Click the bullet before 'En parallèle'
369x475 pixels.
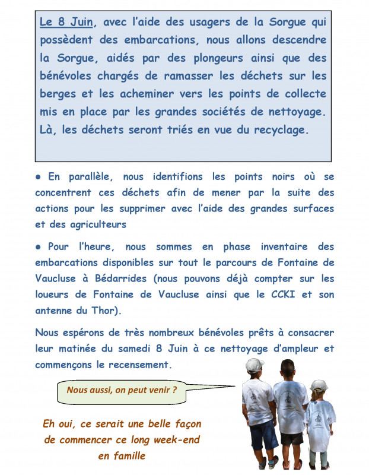(x=38, y=177)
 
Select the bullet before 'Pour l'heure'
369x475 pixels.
(x=38, y=246)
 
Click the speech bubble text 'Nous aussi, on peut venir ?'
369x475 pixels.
(x=122, y=390)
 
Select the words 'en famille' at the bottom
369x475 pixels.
(x=122, y=456)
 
